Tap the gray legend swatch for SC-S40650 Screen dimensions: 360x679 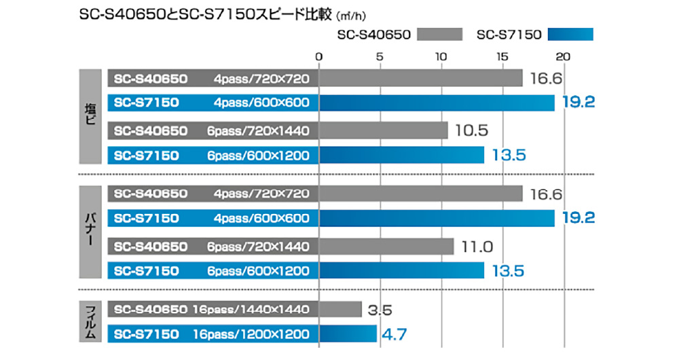coord(439,34)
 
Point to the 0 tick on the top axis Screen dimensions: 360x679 coord(318,56)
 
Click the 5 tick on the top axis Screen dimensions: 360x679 coord(379,56)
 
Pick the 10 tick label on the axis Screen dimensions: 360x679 coord(440,56)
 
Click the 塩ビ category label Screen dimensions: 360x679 coord(91,116)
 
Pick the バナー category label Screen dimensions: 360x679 coord(91,232)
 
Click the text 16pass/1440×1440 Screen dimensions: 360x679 coord(251,310)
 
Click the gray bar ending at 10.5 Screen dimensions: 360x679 coord(383,130)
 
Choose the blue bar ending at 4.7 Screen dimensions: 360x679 coord(347,334)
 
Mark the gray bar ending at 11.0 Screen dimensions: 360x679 coord(386,247)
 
